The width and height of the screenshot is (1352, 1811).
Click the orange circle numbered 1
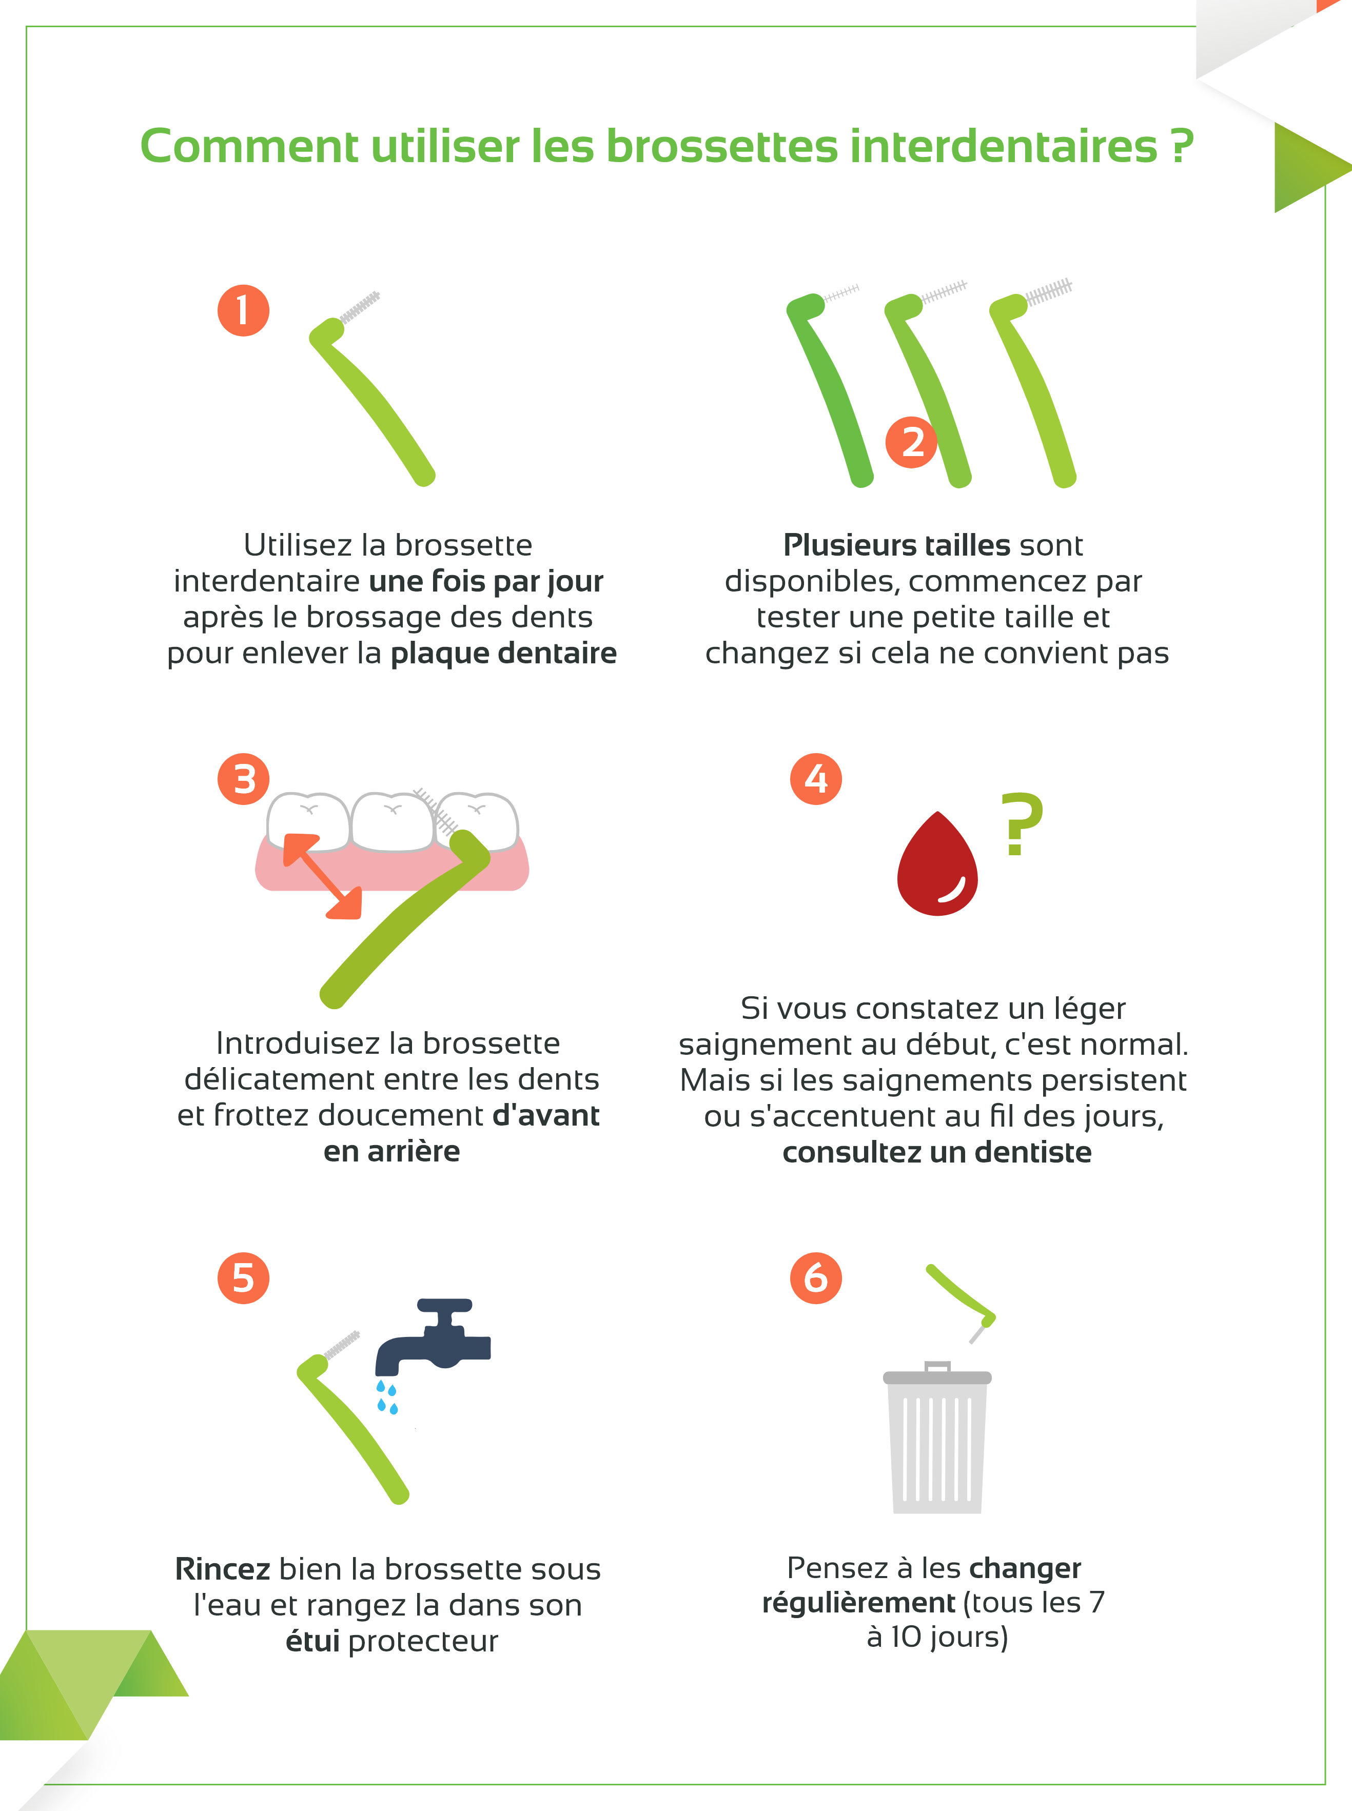(x=243, y=310)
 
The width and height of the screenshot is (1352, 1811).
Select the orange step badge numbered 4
(x=816, y=779)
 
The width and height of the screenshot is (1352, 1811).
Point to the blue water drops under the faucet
(x=387, y=1397)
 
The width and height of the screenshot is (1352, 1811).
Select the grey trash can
(x=937, y=1438)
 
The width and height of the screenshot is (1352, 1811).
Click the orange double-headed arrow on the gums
(x=322, y=876)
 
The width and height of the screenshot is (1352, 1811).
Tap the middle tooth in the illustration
(x=393, y=822)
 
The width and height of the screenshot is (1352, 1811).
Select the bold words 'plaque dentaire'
(x=503, y=653)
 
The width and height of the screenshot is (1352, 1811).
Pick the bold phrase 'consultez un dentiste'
(x=937, y=1152)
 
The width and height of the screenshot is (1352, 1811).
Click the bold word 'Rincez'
(x=223, y=1569)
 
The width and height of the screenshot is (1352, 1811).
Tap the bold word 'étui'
(x=312, y=1641)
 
